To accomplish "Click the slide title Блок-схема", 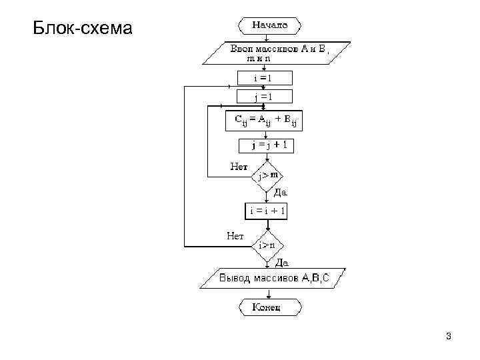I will [x=83, y=29].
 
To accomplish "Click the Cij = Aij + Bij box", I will [x=265, y=121].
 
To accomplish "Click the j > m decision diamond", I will [x=267, y=175].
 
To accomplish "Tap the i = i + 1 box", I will [x=267, y=211].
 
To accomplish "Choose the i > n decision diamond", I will [x=267, y=245].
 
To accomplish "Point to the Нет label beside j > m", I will [x=239, y=166].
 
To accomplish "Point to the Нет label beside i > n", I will [x=235, y=235].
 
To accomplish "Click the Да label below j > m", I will [x=280, y=192].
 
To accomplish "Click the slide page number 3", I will [x=449, y=336].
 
